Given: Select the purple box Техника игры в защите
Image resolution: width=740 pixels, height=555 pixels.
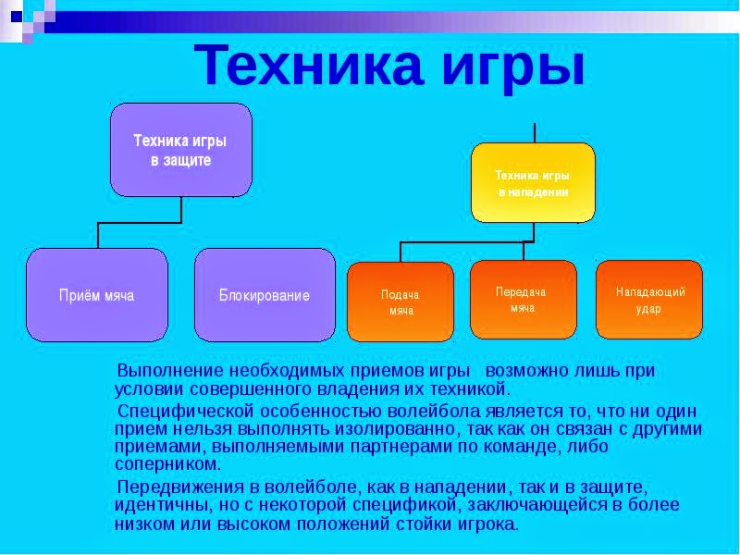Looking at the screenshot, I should (x=181, y=150).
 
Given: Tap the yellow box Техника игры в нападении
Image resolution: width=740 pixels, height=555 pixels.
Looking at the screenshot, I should (x=532, y=182).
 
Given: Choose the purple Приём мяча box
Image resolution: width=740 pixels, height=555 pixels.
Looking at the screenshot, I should (x=97, y=295).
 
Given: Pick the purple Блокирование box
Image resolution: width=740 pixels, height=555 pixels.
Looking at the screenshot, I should (x=265, y=295).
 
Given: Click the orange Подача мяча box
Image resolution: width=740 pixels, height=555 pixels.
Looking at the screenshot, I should (x=400, y=302).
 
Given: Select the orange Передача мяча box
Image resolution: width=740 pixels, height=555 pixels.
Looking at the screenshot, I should (x=523, y=299).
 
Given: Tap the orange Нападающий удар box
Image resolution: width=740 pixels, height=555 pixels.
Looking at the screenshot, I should (x=649, y=299).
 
